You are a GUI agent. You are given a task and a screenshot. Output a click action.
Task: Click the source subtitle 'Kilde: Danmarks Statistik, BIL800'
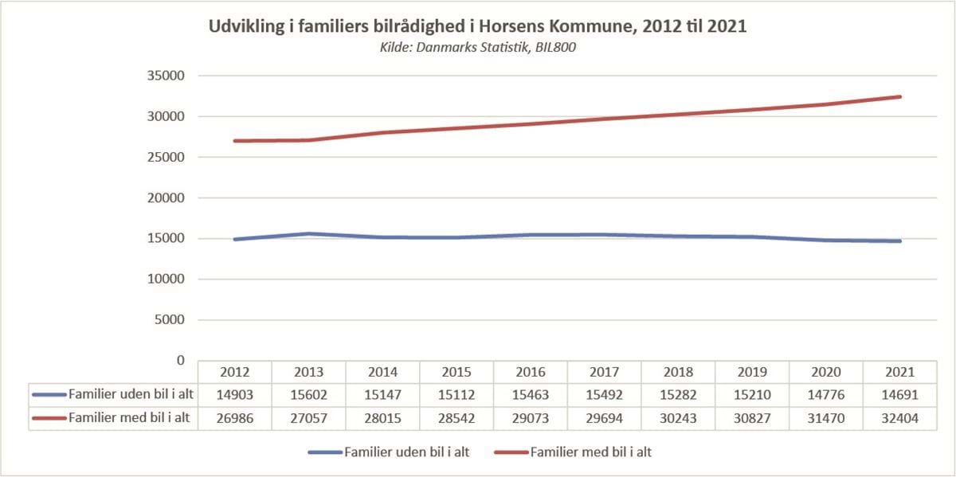[477, 48]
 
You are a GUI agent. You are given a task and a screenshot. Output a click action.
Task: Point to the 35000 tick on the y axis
[167, 76]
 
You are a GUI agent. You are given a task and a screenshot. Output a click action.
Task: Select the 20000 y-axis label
[167, 198]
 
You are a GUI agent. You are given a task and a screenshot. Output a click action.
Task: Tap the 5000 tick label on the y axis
[170, 320]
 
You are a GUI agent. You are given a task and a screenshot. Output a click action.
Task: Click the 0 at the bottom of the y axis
[180, 361]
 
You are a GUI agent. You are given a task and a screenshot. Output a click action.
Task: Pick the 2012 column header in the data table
[235, 372]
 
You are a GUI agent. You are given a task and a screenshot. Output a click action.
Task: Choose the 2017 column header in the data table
[605, 372]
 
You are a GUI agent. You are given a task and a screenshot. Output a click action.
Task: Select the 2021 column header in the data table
[900, 372]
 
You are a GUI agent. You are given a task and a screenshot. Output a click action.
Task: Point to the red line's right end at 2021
[900, 97]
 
